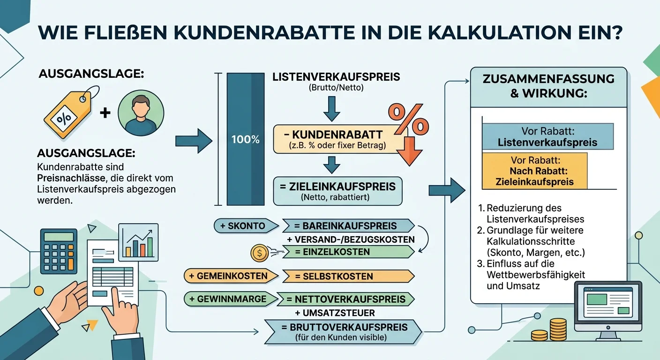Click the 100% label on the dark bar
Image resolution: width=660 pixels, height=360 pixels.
(245, 139)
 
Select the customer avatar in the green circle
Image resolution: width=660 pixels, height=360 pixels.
(141, 113)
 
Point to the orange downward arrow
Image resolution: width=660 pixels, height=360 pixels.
(409, 151)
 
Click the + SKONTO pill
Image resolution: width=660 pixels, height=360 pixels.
(246, 226)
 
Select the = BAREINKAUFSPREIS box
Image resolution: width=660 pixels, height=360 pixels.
(348, 226)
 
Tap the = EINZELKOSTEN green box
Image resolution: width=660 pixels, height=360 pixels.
(348, 252)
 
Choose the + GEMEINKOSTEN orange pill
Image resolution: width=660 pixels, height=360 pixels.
(231, 276)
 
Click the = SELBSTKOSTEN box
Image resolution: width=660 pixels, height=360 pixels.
(348, 277)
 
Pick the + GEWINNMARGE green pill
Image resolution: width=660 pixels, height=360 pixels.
(231, 299)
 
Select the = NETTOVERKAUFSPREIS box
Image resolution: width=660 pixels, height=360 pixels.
(346, 300)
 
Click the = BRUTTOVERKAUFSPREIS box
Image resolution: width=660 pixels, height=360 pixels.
(343, 332)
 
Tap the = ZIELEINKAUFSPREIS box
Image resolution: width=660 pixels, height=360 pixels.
(337, 191)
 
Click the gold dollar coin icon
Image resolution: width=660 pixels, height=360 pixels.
(259, 253)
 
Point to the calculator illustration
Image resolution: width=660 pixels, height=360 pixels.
(59, 251)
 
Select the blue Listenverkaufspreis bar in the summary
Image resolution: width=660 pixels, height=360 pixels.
(548, 136)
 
